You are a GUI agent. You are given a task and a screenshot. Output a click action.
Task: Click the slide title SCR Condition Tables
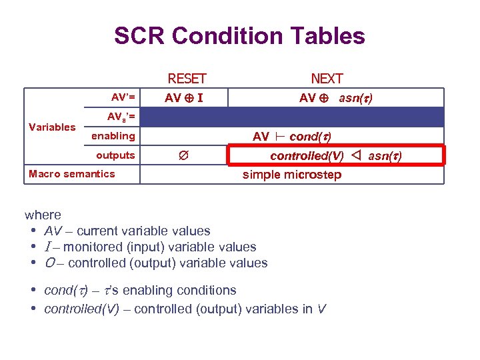pos(239,35)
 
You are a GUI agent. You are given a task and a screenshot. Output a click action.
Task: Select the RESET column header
pos(187,79)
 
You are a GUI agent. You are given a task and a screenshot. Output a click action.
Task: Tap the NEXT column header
pos(327,79)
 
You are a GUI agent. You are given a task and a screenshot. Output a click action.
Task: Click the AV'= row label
pos(123,97)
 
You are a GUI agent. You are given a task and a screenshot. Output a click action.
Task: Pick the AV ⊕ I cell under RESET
pos(184,98)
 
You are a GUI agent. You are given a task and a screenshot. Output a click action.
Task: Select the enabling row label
pos(113,136)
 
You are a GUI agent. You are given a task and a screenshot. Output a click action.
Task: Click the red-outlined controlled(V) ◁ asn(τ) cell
pos(335,155)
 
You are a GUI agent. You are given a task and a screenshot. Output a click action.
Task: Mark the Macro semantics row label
pos(72,174)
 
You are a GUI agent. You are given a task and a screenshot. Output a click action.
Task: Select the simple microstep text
pos(291,175)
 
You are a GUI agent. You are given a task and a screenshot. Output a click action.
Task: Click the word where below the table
pos(43,215)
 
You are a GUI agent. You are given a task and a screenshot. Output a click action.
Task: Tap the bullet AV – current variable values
pos(127,231)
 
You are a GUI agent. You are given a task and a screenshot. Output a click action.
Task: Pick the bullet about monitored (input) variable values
pos(149,247)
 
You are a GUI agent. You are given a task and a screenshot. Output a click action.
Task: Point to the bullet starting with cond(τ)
pos(139,290)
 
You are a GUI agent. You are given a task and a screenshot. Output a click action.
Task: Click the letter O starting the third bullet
pos(49,263)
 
